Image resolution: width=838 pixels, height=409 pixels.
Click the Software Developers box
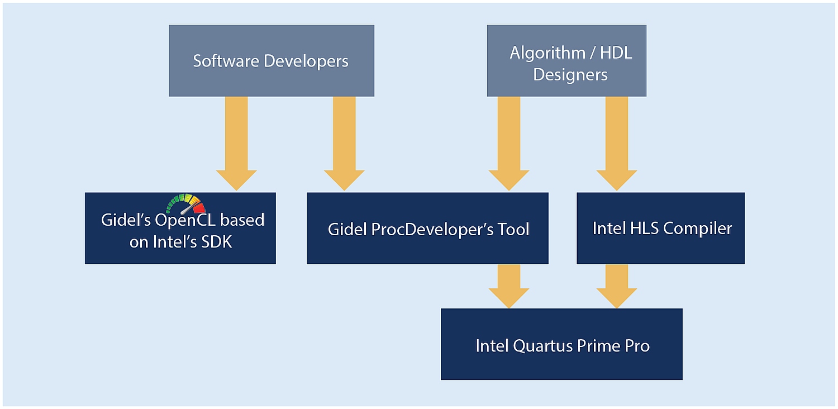tap(271, 60)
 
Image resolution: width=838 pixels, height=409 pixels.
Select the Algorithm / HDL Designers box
tap(566, 60)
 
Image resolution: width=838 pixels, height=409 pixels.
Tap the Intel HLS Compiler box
tap(661, 229)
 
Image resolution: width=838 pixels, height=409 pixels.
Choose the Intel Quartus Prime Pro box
tap(561, 344)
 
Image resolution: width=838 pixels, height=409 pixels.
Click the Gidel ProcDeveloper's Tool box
tap(427, 229)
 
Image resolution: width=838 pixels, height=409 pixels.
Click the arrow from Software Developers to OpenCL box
tap(236, 144)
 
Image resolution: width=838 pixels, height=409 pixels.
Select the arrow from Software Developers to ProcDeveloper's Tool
tap(344, 144)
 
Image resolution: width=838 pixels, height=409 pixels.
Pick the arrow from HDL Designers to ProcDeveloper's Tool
tap(509, 144)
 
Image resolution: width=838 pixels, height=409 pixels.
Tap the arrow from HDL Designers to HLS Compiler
tap(617, 144)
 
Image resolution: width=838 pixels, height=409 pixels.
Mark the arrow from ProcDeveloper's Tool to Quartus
tap(509, 286)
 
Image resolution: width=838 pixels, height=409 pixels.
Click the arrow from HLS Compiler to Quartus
tap(617, 286)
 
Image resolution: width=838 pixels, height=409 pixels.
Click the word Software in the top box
tap(226, 61)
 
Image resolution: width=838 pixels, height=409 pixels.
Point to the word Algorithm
tap(546, 53)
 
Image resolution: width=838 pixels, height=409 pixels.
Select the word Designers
tap(570, 74)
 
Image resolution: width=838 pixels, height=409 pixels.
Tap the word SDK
tap(217, 242)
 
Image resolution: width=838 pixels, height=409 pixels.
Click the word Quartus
tap(542, 346)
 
